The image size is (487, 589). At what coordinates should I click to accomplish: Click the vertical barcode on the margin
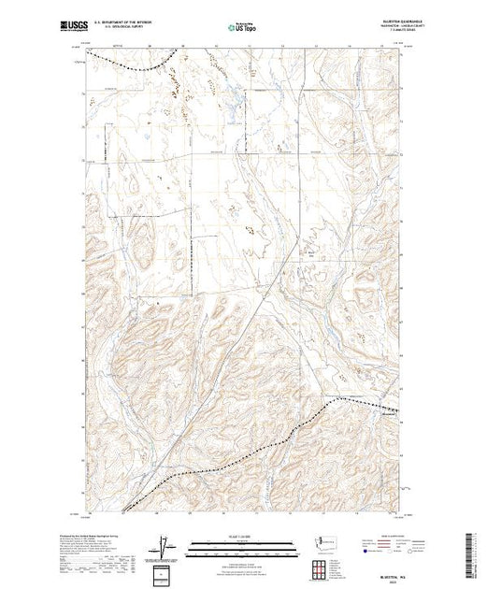pyautogui.click(x=477, y=552)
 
